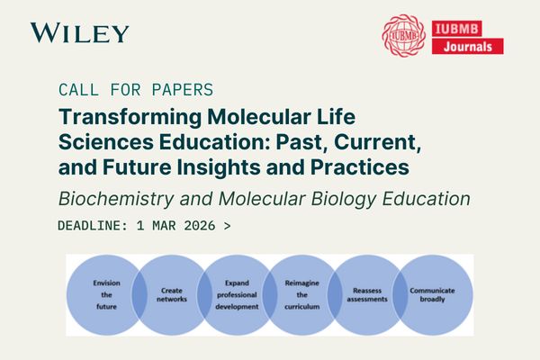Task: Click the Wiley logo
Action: (x=79, y=33)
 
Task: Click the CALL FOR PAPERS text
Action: (x=135, y=90)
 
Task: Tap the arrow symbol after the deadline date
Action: (x=227, y=224)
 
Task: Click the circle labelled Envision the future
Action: (x=106, y=294)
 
